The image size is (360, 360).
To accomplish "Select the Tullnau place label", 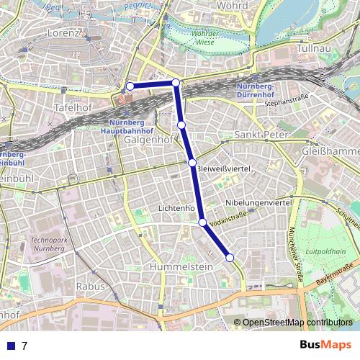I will [x=312, y=48].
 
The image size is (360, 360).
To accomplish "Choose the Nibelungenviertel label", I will [x=258, y=203].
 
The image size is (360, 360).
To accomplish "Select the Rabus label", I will [x=91, y=286].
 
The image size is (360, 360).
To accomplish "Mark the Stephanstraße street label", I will [x=286, y=103].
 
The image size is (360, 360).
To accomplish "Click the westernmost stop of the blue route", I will [x=130, y=86].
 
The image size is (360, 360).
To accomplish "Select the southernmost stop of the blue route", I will [x=230, y=257].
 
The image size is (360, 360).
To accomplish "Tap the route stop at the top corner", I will [x=176, y=83].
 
